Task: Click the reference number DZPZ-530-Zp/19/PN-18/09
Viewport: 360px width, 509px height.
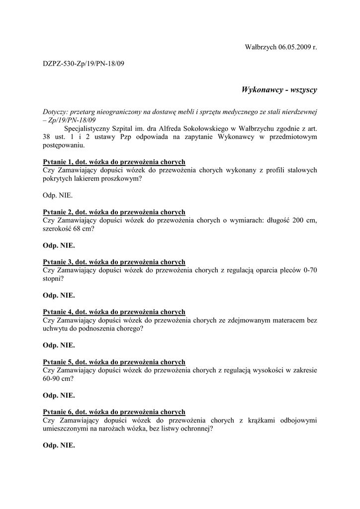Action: tap(83, 64)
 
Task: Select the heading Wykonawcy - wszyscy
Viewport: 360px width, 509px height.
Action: tap(279, 90)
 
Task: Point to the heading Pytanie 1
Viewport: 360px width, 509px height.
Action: tap(114, 162)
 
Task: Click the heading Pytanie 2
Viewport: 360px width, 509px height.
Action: tap(114, 212)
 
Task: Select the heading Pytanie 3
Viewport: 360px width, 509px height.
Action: tap(114, 262)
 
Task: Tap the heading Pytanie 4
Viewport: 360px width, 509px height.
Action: tap(114, 312)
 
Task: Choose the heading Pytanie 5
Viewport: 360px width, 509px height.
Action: tap(114, 362)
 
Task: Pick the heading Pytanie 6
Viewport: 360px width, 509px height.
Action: tap(114, 412)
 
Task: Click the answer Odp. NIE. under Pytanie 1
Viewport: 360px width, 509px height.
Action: tap(58, 195)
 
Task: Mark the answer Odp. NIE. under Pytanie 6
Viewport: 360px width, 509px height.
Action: tap(59, 445)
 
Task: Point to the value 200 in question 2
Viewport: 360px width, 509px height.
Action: tap(291, 220)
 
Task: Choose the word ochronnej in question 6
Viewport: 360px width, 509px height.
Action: tap(195, 428)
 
